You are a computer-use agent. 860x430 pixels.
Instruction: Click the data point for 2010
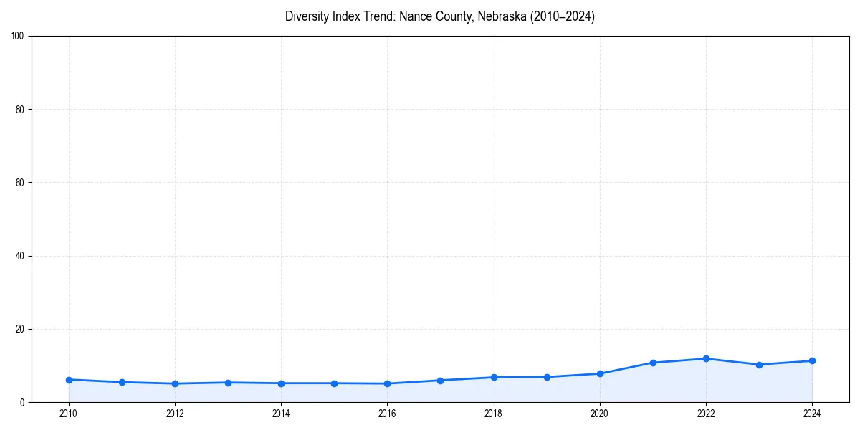tap(69, 380)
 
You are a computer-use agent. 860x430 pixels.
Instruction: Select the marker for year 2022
tap(706, 358)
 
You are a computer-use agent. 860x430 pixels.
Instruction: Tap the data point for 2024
tap(812, 360)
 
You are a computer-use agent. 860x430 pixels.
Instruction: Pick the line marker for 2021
tap(653, 363)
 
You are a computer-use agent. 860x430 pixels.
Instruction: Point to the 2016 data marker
tap(387, 383)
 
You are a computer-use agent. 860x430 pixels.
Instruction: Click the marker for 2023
tap(759, 365)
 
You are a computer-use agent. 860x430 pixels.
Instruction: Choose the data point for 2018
tap(494, 377)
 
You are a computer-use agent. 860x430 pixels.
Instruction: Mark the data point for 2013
tap(228, 383)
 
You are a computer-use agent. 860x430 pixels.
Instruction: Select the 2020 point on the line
tap(600, 373)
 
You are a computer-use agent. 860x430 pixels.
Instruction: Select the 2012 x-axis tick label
tap(175, 413)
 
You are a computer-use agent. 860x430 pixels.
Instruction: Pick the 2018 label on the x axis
tap(494, 413)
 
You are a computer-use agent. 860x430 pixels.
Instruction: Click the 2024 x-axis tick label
tap(812, 413)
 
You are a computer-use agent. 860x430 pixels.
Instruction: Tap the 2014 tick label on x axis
tap(281, 413)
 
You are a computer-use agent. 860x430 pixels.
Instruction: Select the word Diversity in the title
tap(307, 16)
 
